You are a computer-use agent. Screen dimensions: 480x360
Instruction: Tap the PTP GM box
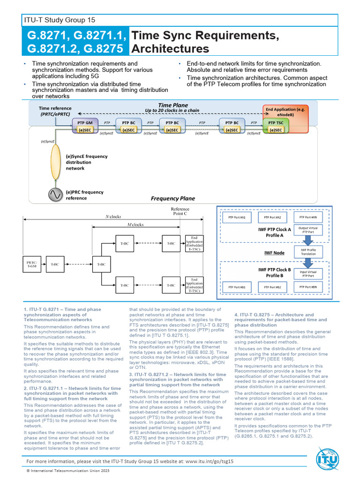click(85, 122)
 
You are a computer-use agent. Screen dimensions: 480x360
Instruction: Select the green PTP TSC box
click(275, 122)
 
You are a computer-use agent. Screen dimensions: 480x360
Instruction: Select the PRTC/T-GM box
click(32, 264)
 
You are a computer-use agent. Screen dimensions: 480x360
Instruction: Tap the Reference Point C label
click(180, 211)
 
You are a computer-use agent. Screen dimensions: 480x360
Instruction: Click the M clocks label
click(135, 225)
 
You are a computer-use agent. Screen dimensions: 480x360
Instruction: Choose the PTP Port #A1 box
click(237, 217)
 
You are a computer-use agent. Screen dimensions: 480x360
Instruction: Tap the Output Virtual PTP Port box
click(308, 230)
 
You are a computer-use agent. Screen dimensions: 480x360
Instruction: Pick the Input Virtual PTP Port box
click(308, 273)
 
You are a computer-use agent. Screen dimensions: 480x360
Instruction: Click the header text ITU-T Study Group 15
click(60, 20)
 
